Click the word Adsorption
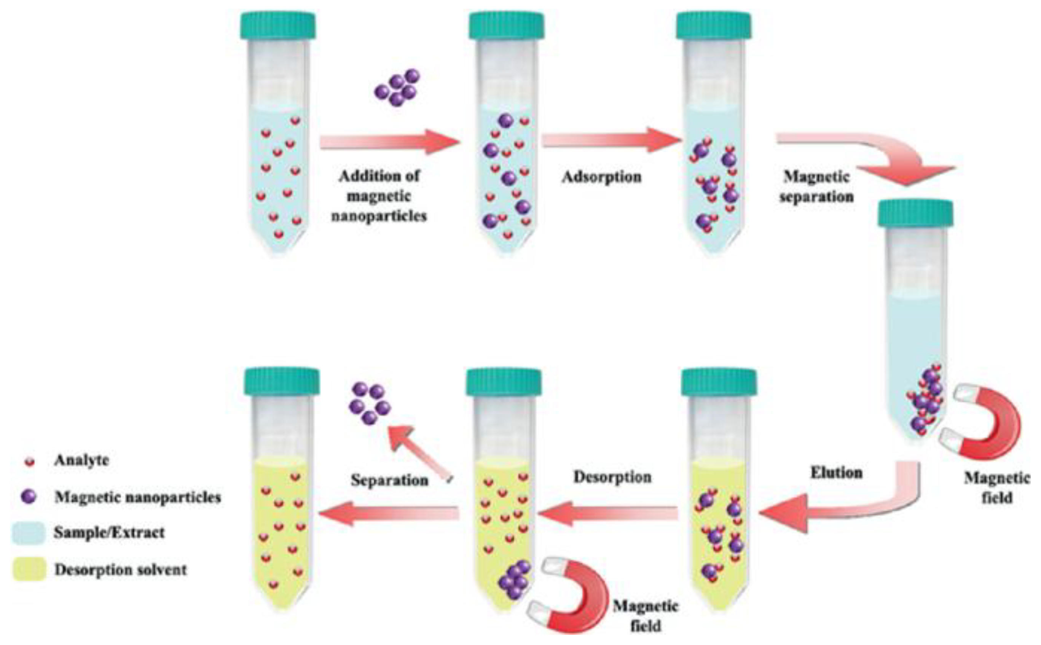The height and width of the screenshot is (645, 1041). (601, 177)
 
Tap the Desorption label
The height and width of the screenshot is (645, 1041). (612, 477)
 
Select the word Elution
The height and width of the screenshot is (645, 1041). (836, 473)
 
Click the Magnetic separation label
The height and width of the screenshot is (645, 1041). (816, 187)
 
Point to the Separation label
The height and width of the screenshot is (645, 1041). (389, 480)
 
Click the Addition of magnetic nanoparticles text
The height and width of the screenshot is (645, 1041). (379, 196)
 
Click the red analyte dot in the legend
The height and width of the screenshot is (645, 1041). (29, 462)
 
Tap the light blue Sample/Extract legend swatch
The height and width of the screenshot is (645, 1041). (28, 533)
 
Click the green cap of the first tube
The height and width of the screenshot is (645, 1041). (278, 25)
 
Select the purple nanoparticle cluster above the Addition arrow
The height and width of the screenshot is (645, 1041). (397, 88)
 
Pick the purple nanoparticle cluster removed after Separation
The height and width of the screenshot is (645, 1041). (369, 403)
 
